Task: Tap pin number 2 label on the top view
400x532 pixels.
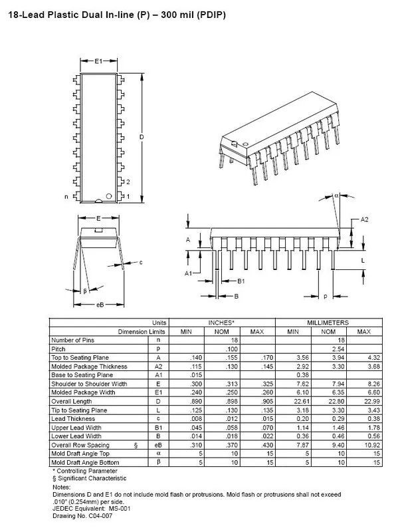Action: coord(128,182)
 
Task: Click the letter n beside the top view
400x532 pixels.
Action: coord(66,197)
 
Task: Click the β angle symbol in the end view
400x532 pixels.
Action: coord(85,291)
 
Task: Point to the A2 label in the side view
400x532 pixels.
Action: coord(365,219)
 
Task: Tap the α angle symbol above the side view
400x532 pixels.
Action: coord(337,196)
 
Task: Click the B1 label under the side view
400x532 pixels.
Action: coord(242,281)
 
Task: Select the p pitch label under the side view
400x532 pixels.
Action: coord(325,295)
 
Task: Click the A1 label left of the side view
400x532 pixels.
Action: coord(189,273)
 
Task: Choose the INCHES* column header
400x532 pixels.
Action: coord(221,323)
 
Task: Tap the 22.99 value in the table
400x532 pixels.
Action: coord(363,400)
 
